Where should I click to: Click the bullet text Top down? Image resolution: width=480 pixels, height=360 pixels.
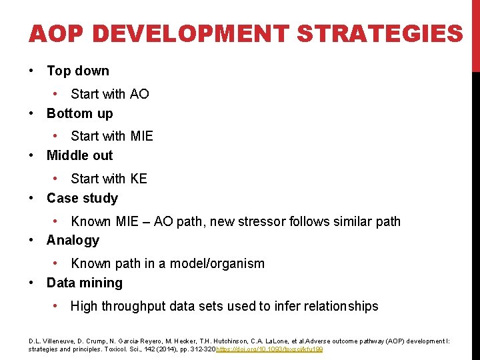(x=77, y=71)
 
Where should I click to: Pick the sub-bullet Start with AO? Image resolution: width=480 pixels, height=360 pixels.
(x=110, y=94)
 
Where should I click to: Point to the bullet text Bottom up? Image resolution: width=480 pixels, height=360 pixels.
(x=79, y=113)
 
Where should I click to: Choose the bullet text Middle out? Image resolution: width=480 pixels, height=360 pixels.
(x=79, y=155)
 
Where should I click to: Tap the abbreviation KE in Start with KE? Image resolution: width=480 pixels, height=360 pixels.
(x=139, y=179)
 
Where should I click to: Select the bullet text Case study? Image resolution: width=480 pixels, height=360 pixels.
(x=82, y=198)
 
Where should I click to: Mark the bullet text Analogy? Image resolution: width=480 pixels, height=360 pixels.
(x=73, y=240)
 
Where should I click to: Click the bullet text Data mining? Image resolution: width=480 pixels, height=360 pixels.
(x=84, y=283)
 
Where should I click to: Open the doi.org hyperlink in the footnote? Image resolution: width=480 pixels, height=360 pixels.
(x=269, y=349)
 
